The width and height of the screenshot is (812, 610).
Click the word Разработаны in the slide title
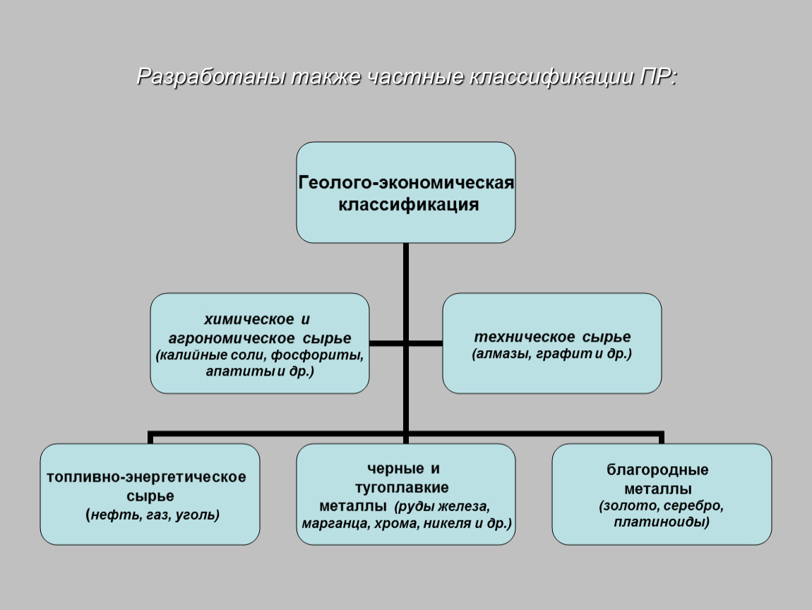211,77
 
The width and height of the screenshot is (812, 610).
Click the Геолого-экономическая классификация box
405,193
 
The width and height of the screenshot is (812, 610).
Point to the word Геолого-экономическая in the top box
406,182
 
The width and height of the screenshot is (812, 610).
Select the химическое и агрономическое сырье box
259,343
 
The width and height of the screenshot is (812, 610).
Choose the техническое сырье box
552,343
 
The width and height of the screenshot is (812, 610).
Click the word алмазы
502,354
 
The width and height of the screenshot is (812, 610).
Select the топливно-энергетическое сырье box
150,494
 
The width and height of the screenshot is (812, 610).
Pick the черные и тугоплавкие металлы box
405,494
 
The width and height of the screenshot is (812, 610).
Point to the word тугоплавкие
402,487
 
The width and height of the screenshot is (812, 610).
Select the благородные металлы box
662,494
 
